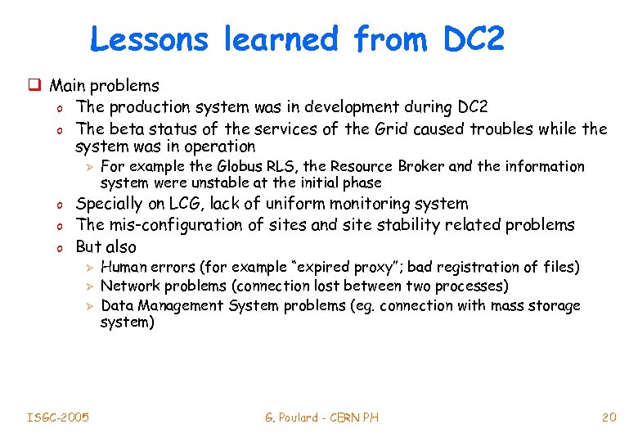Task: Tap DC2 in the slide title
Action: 474,38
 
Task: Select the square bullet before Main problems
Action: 36,85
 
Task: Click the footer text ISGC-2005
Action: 57,417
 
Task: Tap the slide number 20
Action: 609,417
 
